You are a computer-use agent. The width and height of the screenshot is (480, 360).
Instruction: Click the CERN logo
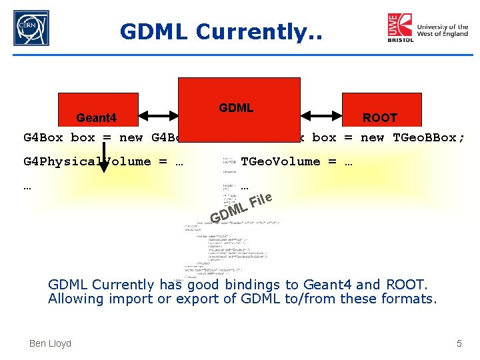(31, 28)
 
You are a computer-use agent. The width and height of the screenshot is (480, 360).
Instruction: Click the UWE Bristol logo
(401, 28)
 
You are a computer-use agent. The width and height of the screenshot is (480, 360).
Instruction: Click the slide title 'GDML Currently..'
(221, 31)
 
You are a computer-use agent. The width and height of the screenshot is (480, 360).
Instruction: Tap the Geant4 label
(96, 118)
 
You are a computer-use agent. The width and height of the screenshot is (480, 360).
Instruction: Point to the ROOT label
(379, 118)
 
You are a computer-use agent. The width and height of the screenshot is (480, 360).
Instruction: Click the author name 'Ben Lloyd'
(50, 343)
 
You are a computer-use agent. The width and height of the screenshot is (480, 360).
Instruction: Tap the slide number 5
(459, 343)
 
